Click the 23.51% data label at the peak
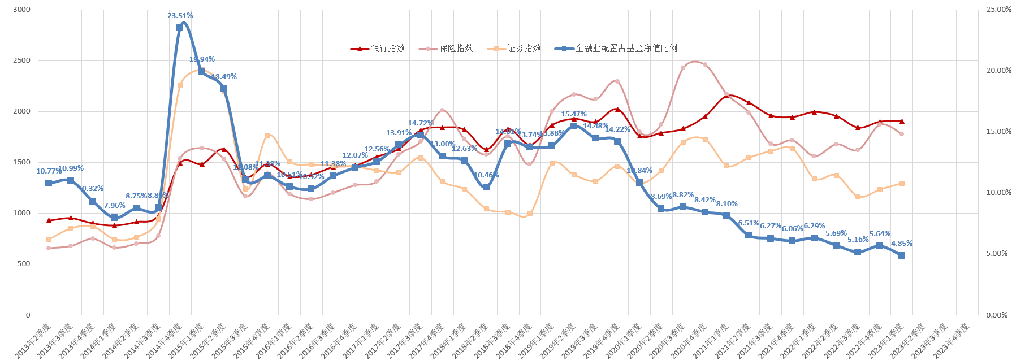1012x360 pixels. (180, 16)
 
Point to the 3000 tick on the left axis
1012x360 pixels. (21, 10)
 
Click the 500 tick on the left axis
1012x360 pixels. (24, 264)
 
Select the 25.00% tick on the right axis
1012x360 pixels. (998, 10)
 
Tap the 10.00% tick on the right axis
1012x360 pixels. (998, 193)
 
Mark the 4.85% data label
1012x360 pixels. (902, 244)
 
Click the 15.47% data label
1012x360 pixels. (574, 114)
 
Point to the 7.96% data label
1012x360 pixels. (115, 206)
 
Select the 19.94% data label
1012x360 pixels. (202, 59)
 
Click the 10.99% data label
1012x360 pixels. (71, 168)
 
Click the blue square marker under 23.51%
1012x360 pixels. (180, 28)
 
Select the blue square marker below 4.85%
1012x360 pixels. (902, 255)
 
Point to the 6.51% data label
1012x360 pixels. (749, 223)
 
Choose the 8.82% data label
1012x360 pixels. (683, 195)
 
